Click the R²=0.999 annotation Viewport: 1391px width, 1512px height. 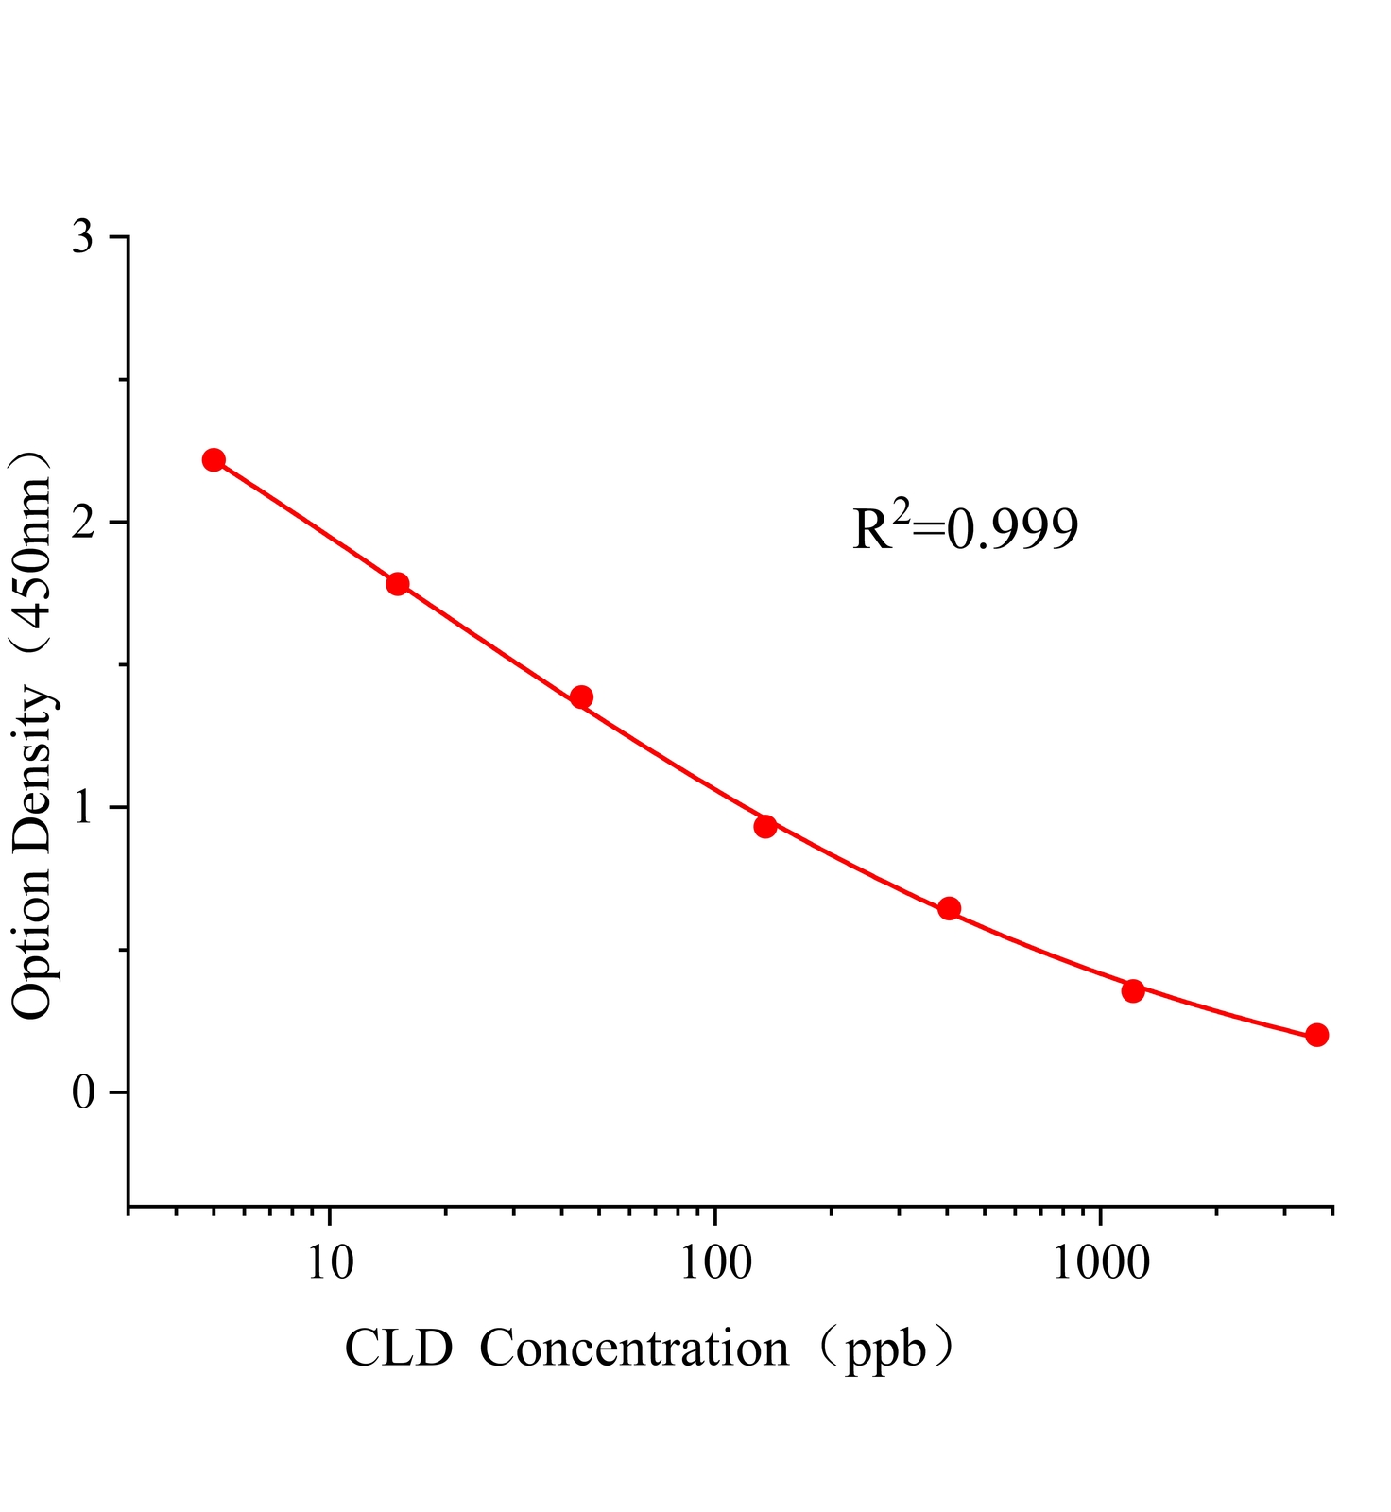[x=965, y=528]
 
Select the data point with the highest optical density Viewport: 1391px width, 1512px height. [x=214, y=460]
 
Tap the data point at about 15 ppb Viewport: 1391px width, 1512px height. [x=398, y=584]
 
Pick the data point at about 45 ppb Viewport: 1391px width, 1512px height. [x=582, y=697]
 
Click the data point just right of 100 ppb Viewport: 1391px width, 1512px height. [x=765, y=827]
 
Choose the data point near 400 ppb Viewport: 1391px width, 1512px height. [x=950, y=909]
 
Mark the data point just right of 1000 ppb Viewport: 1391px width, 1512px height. [x=1133, y=991]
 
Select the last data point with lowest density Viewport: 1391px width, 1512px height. [x=1317, y=1036]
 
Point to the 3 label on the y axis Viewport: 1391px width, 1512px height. [x=84, y=237]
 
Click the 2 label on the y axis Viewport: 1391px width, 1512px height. [x=84, y=523]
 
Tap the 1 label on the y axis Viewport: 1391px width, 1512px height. [x=84, y=808]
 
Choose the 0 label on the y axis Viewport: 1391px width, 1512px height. [x=84, y=1093]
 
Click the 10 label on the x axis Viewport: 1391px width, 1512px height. [x=330, y=1262]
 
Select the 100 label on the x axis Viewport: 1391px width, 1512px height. [x=714, y=1262]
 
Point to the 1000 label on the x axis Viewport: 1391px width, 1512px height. [x=1100, y=1262]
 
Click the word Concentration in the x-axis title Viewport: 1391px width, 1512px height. [x=634, y=1349]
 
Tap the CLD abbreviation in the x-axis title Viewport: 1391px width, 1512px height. [x=399, y=1349]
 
